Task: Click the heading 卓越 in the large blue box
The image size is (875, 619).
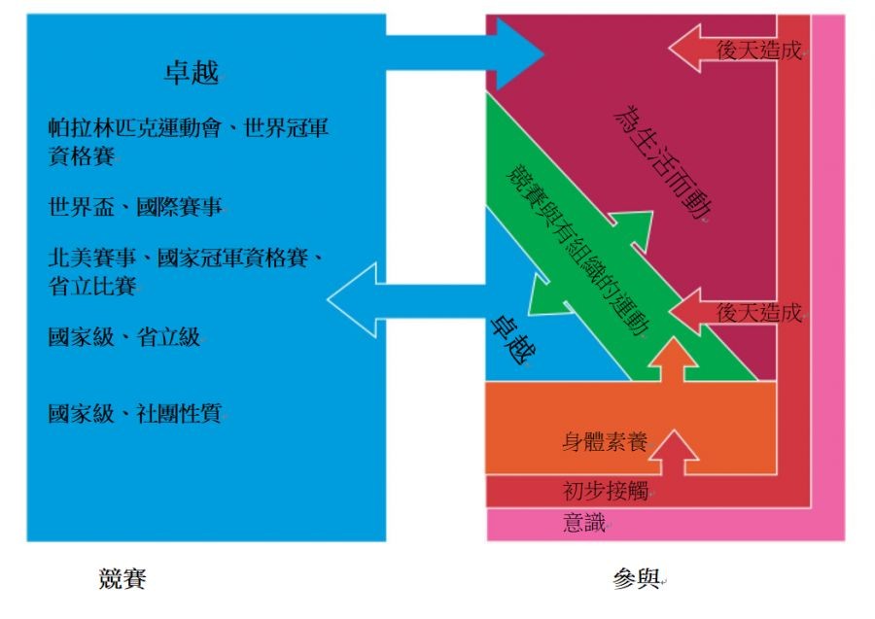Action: (192, 73)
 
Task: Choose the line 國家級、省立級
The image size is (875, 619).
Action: (124, 338)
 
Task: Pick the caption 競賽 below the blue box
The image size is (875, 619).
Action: (122, 579)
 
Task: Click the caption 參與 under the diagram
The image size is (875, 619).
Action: (637, 579)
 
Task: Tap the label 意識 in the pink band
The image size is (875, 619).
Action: (584, 523)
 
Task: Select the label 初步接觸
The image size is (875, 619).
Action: (605, 489)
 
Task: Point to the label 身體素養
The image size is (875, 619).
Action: (605, 442)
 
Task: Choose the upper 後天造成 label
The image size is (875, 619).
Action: (759, 52)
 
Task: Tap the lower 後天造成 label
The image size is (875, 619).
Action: (759, 313)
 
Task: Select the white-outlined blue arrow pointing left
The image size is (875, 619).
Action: (408, 299)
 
